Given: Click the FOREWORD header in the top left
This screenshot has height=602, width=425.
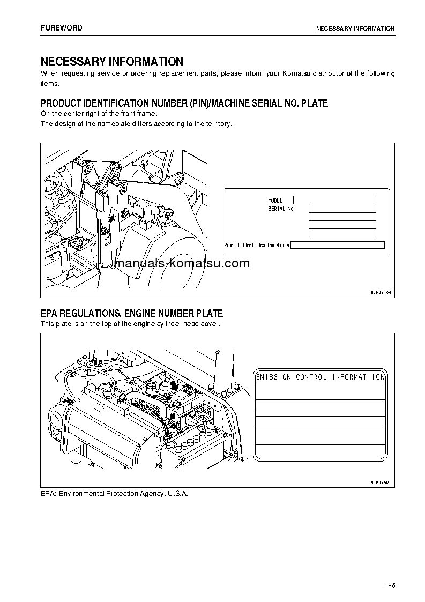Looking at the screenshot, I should click(62, 28).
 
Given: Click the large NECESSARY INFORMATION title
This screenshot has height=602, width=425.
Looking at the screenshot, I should click(112, 62).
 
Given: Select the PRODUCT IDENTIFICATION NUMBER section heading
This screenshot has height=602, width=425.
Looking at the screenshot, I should click(184, 103).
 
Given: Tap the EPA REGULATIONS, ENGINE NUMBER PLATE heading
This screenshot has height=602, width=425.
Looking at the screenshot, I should click(132, 313).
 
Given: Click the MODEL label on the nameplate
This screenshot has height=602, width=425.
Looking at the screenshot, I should click(275, 200).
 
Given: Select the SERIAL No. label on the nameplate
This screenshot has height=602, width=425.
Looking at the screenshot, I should click(281, 209).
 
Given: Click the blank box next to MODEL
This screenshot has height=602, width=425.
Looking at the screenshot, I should click(334, 200).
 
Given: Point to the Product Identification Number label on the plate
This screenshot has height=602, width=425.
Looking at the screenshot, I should click(257, 245).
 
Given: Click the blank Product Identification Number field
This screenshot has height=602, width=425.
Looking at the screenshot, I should click(338, 245).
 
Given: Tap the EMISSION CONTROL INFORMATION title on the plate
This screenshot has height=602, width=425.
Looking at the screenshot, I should click(320, 377).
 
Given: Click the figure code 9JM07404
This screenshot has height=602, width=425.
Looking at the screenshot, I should click(381, 292).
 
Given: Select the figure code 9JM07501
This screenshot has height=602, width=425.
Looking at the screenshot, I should click(381, 482).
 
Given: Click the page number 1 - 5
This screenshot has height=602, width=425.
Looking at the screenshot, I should click(390, 585).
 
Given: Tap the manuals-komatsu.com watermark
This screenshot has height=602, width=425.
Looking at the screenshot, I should click(182, 263).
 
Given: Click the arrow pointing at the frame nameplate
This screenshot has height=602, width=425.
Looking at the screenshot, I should click(112, 218).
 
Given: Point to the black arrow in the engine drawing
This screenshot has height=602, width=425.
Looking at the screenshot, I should click(173, 385).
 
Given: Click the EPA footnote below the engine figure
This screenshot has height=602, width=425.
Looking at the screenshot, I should click(115, 493).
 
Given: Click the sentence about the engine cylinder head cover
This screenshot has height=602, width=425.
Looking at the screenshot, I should click(131, 324).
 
